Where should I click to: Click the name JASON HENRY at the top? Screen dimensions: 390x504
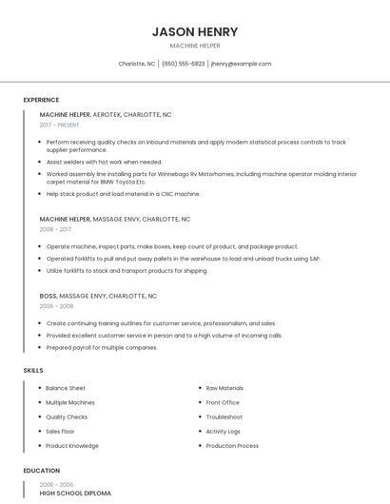coord(195,31)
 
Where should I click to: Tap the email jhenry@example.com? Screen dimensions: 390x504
coord(241,64)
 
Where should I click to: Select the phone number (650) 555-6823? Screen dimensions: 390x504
coord(183,64)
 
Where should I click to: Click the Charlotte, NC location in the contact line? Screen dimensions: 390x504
coord(137,64)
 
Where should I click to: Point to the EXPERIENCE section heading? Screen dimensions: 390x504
coord(41,100)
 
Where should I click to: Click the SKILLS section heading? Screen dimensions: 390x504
coord(33,369)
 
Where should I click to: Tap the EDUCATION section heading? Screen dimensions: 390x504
coord(42,471)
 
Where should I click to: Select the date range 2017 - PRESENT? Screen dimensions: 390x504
coord(60,125)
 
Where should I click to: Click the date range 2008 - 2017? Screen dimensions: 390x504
coord(55,229)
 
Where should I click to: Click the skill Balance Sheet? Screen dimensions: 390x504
coord(66,388)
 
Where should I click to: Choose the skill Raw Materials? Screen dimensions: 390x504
coord(224,388)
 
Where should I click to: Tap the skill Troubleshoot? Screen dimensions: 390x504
coord(224,417)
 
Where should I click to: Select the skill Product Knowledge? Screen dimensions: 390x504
coord(72,445)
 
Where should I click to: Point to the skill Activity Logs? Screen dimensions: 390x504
coord(224,431)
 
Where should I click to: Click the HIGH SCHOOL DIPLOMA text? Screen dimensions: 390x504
coord(75,494)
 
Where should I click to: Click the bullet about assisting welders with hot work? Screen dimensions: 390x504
coord(105,162)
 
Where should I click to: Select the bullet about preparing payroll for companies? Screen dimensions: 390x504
coord(102,347)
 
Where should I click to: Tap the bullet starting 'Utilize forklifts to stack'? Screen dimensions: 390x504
coord(127,270)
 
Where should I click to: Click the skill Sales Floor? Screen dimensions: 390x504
coord(60,431)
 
